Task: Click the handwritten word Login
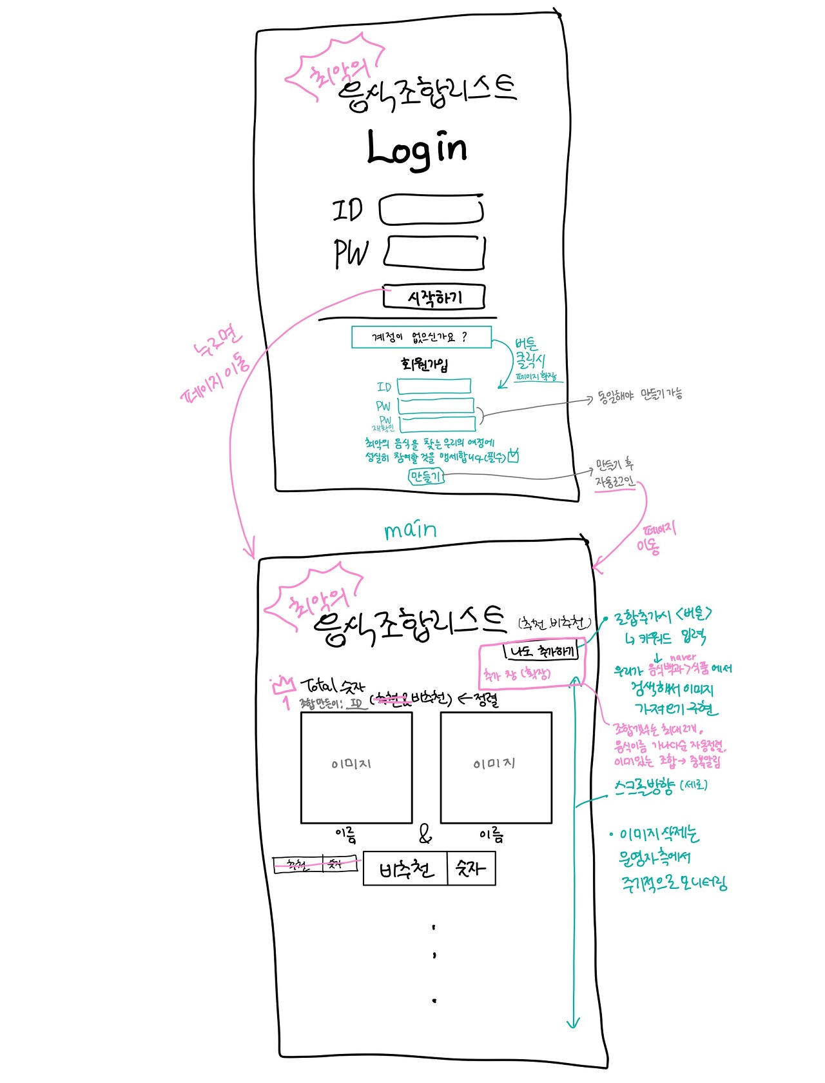tap(416, 149)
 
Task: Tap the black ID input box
tap(431, 210)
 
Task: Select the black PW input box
tap(435, 252)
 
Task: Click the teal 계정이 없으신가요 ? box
tap(421, 337)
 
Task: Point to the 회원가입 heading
tap(424, 364)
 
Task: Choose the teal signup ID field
tap(434, 386)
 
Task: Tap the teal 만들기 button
tap(426, 477)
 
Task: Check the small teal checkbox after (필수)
tap(513, 456)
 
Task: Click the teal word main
tap(411, 530)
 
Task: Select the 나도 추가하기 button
tap(541, 652)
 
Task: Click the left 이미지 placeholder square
tap(356, 768)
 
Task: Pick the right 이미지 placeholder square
tap(496, 768)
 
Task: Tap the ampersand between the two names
tap(425, 835)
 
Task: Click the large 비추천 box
tap(405, 869)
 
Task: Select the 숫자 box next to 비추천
tap(471, 869)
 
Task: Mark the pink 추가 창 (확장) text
tap(518, 675)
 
